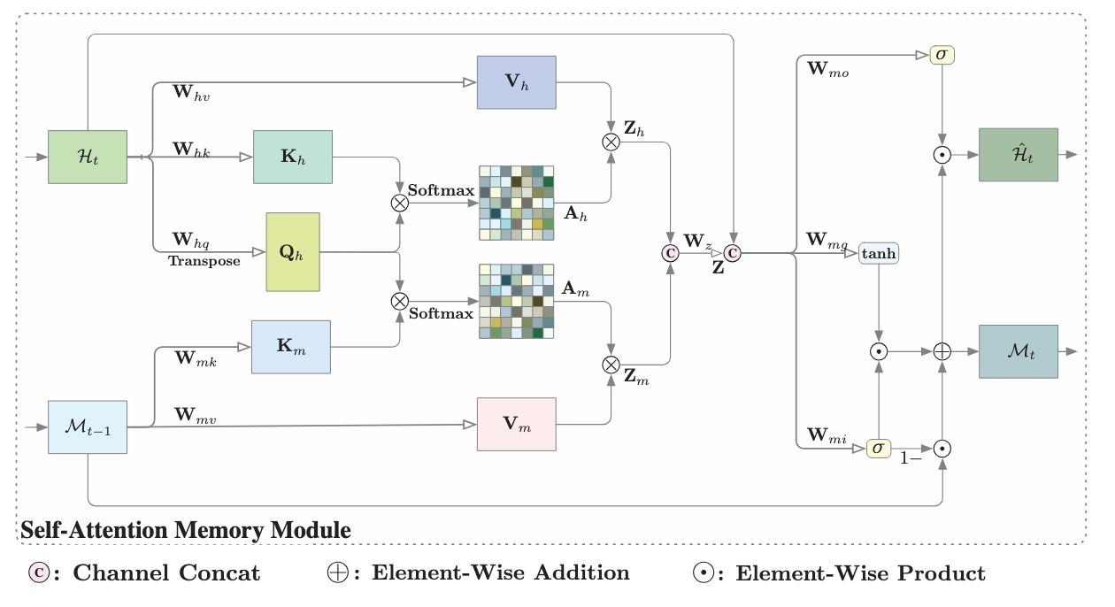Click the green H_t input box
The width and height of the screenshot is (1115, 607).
88,158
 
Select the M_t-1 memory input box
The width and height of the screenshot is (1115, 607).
88,427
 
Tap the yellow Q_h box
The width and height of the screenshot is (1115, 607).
293,252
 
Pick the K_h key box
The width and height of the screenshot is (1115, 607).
293,158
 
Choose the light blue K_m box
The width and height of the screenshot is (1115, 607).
291,347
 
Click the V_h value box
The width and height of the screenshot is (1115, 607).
517,82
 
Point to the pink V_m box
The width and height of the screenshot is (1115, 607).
517,425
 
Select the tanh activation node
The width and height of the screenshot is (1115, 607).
879,253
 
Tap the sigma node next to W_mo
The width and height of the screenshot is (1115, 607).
942,55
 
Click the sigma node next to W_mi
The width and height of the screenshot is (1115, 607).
879,449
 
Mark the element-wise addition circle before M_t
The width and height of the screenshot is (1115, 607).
942,352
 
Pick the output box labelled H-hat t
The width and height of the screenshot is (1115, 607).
1019,155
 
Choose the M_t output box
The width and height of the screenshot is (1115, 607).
1019,352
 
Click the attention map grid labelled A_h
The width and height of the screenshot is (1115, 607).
517,204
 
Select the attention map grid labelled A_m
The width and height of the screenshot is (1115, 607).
517,302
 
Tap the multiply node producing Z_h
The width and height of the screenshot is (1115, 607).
611,142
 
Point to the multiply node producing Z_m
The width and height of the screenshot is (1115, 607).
611,365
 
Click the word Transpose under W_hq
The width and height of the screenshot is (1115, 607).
204,261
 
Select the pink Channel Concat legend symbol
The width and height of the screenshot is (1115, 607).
39,572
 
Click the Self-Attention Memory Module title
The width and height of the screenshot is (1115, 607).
186,530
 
